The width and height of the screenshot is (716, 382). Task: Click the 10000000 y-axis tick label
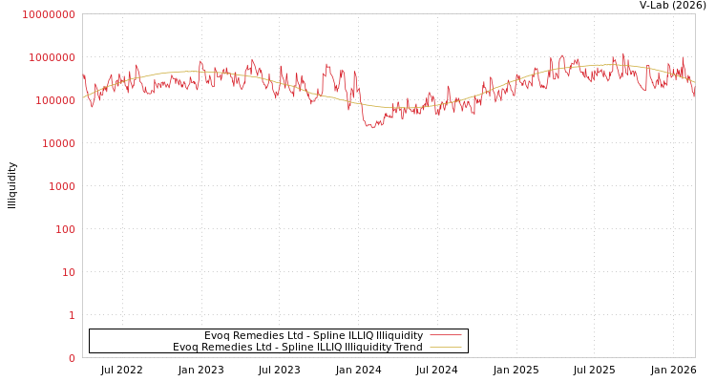pos(48,14)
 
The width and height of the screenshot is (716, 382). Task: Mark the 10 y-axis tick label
pos(67,272)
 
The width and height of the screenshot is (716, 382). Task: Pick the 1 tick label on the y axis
pos(71,315)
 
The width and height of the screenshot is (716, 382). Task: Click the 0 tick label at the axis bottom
pos(71,358)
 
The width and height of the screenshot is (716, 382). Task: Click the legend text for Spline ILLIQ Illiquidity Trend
pos(297,347)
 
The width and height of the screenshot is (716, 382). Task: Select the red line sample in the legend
pos(445,335)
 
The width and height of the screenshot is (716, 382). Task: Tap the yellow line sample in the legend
pos(445,347)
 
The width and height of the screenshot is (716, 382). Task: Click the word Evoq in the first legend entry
pos(217,335)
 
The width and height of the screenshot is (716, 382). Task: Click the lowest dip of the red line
pos(371,127)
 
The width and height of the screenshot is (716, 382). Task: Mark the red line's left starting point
pos(83,74)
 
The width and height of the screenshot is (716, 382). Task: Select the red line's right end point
pos(694,95)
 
